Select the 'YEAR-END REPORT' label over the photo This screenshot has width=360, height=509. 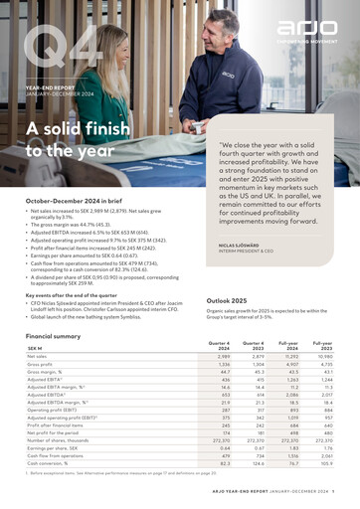[x=50, y=88]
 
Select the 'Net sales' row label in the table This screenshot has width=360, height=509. [x=41, y=356]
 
